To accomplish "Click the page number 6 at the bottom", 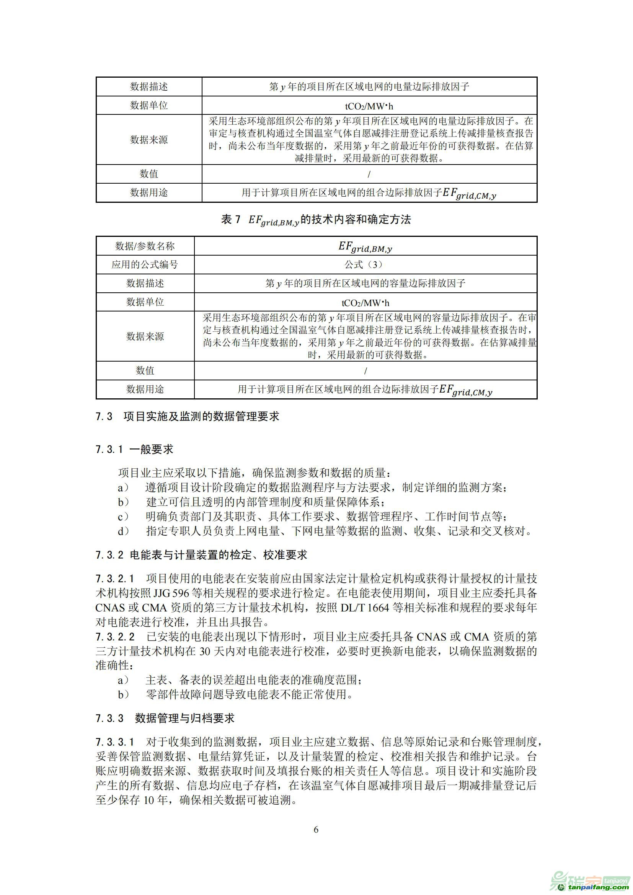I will pos(316,830).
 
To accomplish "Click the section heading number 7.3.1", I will pos(109,450).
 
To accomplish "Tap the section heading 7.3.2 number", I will pos(109,555).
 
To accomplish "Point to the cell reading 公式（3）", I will pos(365,265).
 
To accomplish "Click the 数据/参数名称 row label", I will pos(145,246).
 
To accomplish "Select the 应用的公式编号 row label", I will pos(145,265).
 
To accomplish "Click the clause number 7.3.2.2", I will pos(115,637).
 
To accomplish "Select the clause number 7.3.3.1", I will pos(115,742).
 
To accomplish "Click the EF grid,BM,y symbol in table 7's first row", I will pos(365,247).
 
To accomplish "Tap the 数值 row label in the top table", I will pos(149,174).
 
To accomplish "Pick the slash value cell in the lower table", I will pos(365,371).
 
